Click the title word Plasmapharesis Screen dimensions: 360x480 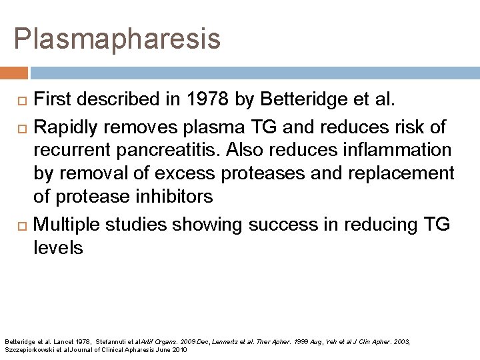coord(117,39)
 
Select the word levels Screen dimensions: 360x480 coord(58,248)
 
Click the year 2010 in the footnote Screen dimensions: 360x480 coord(179,349)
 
